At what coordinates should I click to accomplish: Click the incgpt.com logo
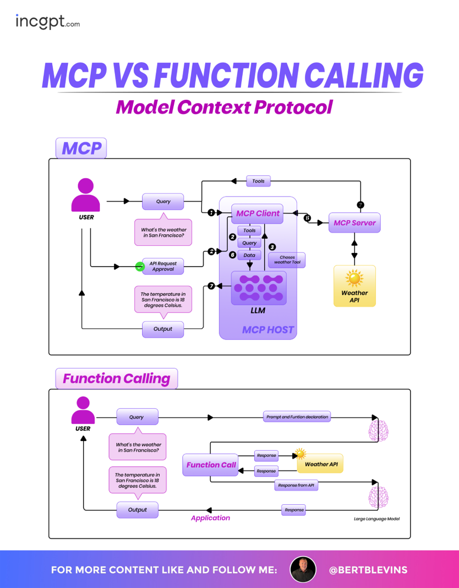point(48,21)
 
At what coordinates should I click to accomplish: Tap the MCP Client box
point(257,213)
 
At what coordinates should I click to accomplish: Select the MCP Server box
point(355,223)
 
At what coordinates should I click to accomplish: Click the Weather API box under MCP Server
point(355,286)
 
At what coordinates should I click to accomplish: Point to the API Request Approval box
point(163,267)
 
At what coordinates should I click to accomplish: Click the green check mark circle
point(139,267)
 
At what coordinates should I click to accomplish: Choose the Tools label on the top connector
point(258,181)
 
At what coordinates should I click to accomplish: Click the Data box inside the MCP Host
point(249,255)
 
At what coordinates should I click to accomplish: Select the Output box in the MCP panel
point(163,329)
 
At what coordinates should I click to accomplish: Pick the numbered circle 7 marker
point(211,286)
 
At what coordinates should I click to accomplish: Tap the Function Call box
point(211,465)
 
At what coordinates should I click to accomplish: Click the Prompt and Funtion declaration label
point(297,417)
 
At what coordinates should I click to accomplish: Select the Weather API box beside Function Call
point(320,464)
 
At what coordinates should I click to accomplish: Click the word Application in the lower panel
point(210,518)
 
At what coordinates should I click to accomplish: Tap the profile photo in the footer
point(303,569)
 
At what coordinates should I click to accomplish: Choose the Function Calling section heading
point(116,378)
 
